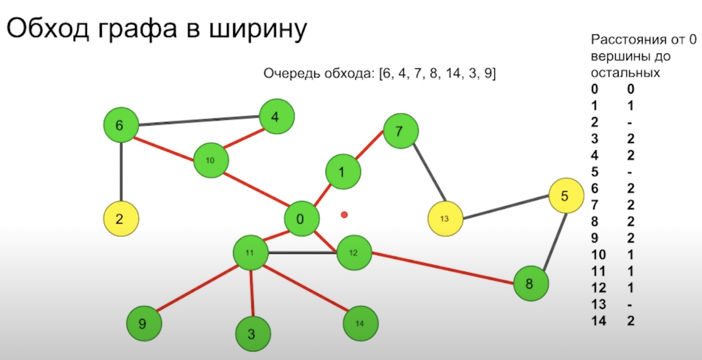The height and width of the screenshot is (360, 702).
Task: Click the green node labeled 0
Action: pos(301,219)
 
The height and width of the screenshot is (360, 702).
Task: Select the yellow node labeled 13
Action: pos(445,219)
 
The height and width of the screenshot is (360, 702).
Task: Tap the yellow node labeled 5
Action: pos(566,196)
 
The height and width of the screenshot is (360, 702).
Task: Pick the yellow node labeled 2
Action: pos(121,219)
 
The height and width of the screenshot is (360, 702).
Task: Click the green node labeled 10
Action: pos(211,160)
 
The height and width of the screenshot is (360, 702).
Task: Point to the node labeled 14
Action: pos(360,323)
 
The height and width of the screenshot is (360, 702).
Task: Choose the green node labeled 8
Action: pos(530,284)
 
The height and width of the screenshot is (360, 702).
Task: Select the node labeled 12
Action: pos(354,253)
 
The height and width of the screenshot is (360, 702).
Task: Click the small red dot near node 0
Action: pos(344,214)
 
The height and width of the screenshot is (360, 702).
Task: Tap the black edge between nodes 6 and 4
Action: pos(199,121)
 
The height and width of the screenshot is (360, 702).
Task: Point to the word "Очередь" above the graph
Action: pos(291,73)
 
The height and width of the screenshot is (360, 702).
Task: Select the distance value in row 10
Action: pos(630,255)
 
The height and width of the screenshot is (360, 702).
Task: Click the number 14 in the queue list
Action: pos(453,73)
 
